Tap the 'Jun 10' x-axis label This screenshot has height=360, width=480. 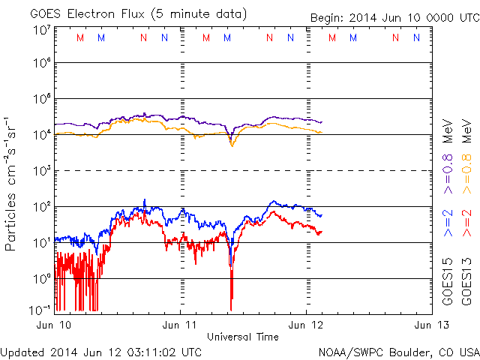(55, 325)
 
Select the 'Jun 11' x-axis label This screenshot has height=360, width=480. (181, 325)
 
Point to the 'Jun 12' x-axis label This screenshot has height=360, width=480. (306, 325)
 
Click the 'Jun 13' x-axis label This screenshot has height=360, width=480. (430, 325)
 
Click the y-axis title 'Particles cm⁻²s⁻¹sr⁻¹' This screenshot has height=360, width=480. (13, 183)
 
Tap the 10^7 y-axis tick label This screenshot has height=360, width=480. (41, 29)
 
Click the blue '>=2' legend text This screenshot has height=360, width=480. (448, 223)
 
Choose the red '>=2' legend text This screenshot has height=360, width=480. (466, 223)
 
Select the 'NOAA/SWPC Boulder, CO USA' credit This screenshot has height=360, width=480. (398, 352)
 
